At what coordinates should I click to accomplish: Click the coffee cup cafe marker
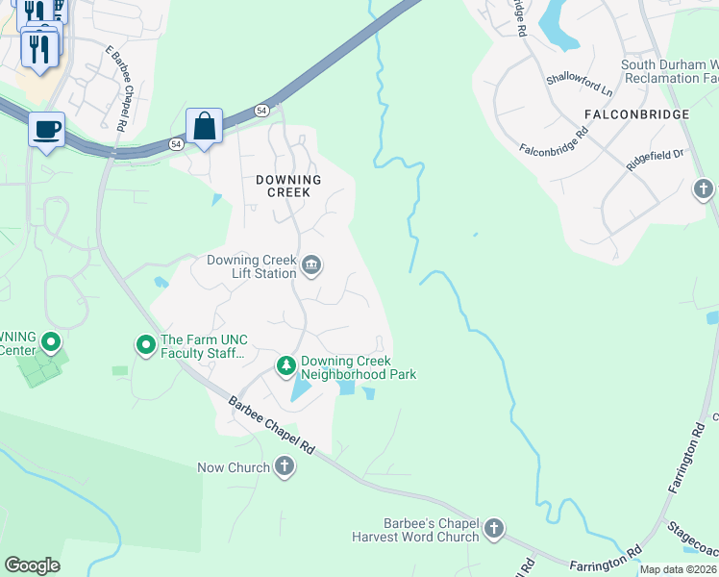point(46,129)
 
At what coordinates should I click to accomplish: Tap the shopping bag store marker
point(204,126)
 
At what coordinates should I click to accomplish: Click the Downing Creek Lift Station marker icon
point(311,266)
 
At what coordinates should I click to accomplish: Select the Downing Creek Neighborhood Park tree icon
point(285,365)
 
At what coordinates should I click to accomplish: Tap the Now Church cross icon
point(285,467)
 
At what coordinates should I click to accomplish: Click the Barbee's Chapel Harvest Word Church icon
point(493,528)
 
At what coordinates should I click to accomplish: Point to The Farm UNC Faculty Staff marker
point(146,344)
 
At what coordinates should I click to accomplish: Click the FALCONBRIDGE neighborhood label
point(636,114)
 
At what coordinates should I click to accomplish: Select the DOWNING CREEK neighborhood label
point(288,186)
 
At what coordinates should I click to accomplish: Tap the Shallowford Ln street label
point(579,85)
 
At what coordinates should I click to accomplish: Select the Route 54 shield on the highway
point(261,112)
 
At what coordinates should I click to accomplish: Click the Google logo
point(32,565)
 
